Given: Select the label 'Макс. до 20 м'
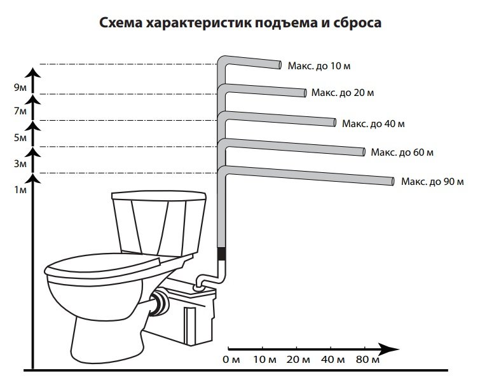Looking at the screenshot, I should [342, 93].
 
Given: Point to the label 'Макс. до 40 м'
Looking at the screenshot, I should [373, 123].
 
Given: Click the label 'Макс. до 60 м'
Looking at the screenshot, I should [402, 153].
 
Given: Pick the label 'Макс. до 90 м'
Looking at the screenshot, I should [432, 182].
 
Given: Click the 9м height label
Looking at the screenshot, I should [21, 88].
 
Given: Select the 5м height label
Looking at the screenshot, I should [21, 138].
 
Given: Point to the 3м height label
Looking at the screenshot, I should [21, 164].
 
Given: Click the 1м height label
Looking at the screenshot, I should [21, 190].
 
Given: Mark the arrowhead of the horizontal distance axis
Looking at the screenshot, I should [390, 348].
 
